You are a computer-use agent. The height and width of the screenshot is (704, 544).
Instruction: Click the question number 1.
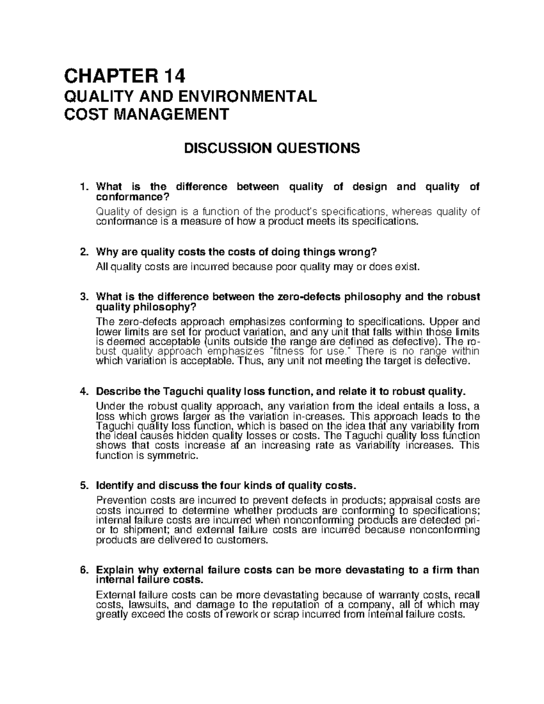point(83,187)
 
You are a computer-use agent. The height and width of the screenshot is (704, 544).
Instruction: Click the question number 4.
point(83,391)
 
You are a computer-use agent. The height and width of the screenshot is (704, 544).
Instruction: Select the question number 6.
point(83,570)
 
